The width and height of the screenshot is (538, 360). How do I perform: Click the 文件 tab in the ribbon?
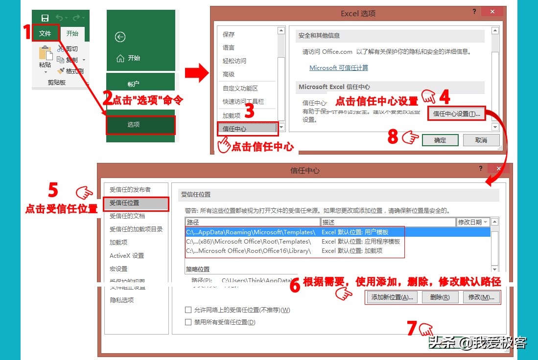(x=46, y=34)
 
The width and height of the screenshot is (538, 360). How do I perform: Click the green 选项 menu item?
(x=140, y=125)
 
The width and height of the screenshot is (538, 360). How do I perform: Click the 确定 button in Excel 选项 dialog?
(x=440, y=140)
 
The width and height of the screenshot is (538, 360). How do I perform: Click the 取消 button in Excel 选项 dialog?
(x=481, y=140)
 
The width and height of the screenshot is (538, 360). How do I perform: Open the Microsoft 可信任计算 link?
(x=339, y=68)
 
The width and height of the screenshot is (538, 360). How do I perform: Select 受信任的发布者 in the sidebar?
(x=130, y=190)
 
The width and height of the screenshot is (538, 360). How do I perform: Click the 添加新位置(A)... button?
(x=392, y=297)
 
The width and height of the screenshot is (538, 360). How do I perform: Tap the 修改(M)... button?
(x=481, y=297)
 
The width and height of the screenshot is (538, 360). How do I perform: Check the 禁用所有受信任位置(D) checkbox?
(x=188, y=322)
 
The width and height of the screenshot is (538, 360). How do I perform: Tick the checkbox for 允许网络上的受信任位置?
(x=188, y=310)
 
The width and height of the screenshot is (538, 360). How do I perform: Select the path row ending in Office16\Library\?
(x=248, y=251)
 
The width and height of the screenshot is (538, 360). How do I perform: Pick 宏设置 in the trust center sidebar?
(x=118, y=269)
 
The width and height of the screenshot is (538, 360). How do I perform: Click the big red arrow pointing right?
(x=197, y=74)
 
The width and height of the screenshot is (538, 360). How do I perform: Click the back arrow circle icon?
(x=120, y=37)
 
